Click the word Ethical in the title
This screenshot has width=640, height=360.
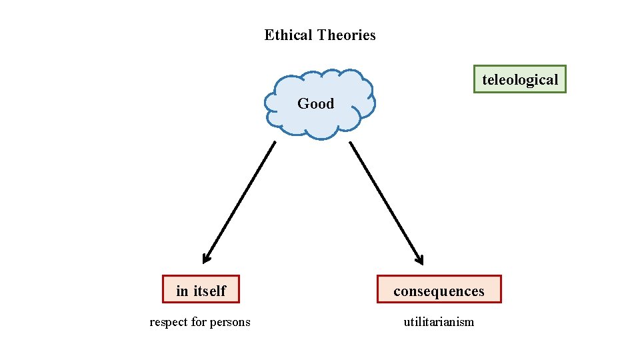coord(289,35)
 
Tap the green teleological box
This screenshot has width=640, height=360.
coord(519,79)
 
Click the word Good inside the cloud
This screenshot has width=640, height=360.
coord(315,103)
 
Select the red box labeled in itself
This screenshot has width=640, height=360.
coord(201,289)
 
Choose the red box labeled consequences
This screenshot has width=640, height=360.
coord(439,289)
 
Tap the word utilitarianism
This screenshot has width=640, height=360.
coord(439,322)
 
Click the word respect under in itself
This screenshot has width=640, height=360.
coord(169,322)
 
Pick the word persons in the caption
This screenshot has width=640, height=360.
coord(230,322)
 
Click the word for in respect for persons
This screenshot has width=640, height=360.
coord(199,322)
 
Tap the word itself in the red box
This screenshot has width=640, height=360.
coord(210,291)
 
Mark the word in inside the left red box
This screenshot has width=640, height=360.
coord(182,291)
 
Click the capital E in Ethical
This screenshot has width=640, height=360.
coord(269,35)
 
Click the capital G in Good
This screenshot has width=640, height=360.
coord(303,103)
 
